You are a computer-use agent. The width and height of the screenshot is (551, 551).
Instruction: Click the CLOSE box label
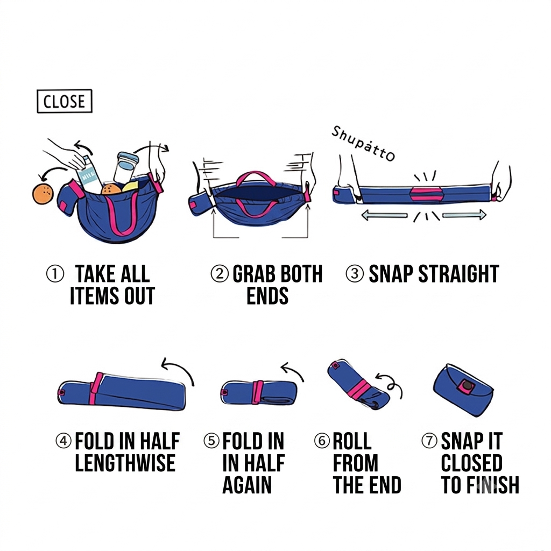[65, 101]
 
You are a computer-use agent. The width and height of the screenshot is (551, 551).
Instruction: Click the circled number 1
[55, 274]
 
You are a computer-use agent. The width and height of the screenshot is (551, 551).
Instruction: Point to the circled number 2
[220, 274]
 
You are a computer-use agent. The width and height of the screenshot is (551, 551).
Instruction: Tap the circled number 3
[355, 274]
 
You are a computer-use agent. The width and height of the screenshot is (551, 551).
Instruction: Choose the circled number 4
[64, 441]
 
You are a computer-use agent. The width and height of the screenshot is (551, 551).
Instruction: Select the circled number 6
[322, 441]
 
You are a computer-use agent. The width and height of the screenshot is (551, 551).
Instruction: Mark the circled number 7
[429, 441]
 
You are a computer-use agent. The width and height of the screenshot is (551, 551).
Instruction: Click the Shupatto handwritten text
[363, 144]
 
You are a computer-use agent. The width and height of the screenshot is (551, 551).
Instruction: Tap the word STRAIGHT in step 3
[458, 274]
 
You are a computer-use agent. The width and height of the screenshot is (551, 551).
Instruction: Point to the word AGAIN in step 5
[247, 485]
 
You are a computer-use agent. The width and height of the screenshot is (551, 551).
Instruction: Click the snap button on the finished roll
[467, 386]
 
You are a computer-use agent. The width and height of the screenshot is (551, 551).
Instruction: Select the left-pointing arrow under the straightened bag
[384, 215]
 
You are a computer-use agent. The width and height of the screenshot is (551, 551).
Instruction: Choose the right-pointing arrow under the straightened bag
[464, 215]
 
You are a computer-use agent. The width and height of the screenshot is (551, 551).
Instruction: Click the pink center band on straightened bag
[426, 195]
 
